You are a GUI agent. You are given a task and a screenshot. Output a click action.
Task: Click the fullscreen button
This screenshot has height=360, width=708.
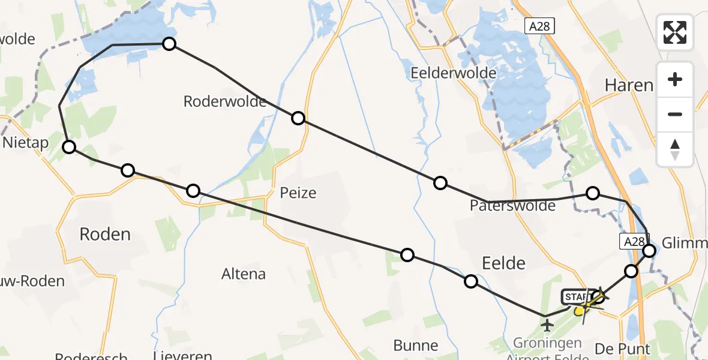point(675,32)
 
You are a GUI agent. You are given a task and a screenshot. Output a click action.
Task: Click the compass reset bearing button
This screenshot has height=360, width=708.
point(675,149)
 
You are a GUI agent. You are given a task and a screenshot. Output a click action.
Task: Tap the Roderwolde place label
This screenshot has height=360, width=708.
point(225,101)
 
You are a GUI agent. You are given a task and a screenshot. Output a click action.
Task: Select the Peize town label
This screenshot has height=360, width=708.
point(298,193)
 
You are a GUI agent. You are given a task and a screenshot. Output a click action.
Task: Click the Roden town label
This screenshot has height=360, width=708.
point(105,234)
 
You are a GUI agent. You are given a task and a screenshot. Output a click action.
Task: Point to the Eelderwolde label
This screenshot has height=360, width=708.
point(454,73)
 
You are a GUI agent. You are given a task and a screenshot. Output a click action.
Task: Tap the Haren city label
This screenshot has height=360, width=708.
point(629,85)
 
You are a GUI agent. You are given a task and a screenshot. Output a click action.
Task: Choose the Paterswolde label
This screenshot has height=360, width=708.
point(513,206)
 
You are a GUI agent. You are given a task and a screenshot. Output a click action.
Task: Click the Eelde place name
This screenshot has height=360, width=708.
point(504,263)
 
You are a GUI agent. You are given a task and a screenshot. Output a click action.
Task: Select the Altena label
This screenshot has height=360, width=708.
point(244,274)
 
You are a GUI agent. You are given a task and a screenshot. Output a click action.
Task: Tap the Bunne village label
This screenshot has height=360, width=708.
point(416,346)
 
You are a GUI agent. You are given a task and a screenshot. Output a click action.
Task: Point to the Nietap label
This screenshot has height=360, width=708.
point(25,143)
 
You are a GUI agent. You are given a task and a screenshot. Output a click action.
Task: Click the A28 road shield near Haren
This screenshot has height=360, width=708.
point(539,26)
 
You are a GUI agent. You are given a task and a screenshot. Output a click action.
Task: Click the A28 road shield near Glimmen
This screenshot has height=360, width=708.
point(632,241)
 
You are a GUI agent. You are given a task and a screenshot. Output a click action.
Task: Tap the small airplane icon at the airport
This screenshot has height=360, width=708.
point(547,325)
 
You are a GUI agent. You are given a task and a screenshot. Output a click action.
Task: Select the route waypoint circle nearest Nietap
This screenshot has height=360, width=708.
point(70,147)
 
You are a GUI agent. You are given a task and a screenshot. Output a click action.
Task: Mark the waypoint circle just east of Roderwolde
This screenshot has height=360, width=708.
point(298,118)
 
